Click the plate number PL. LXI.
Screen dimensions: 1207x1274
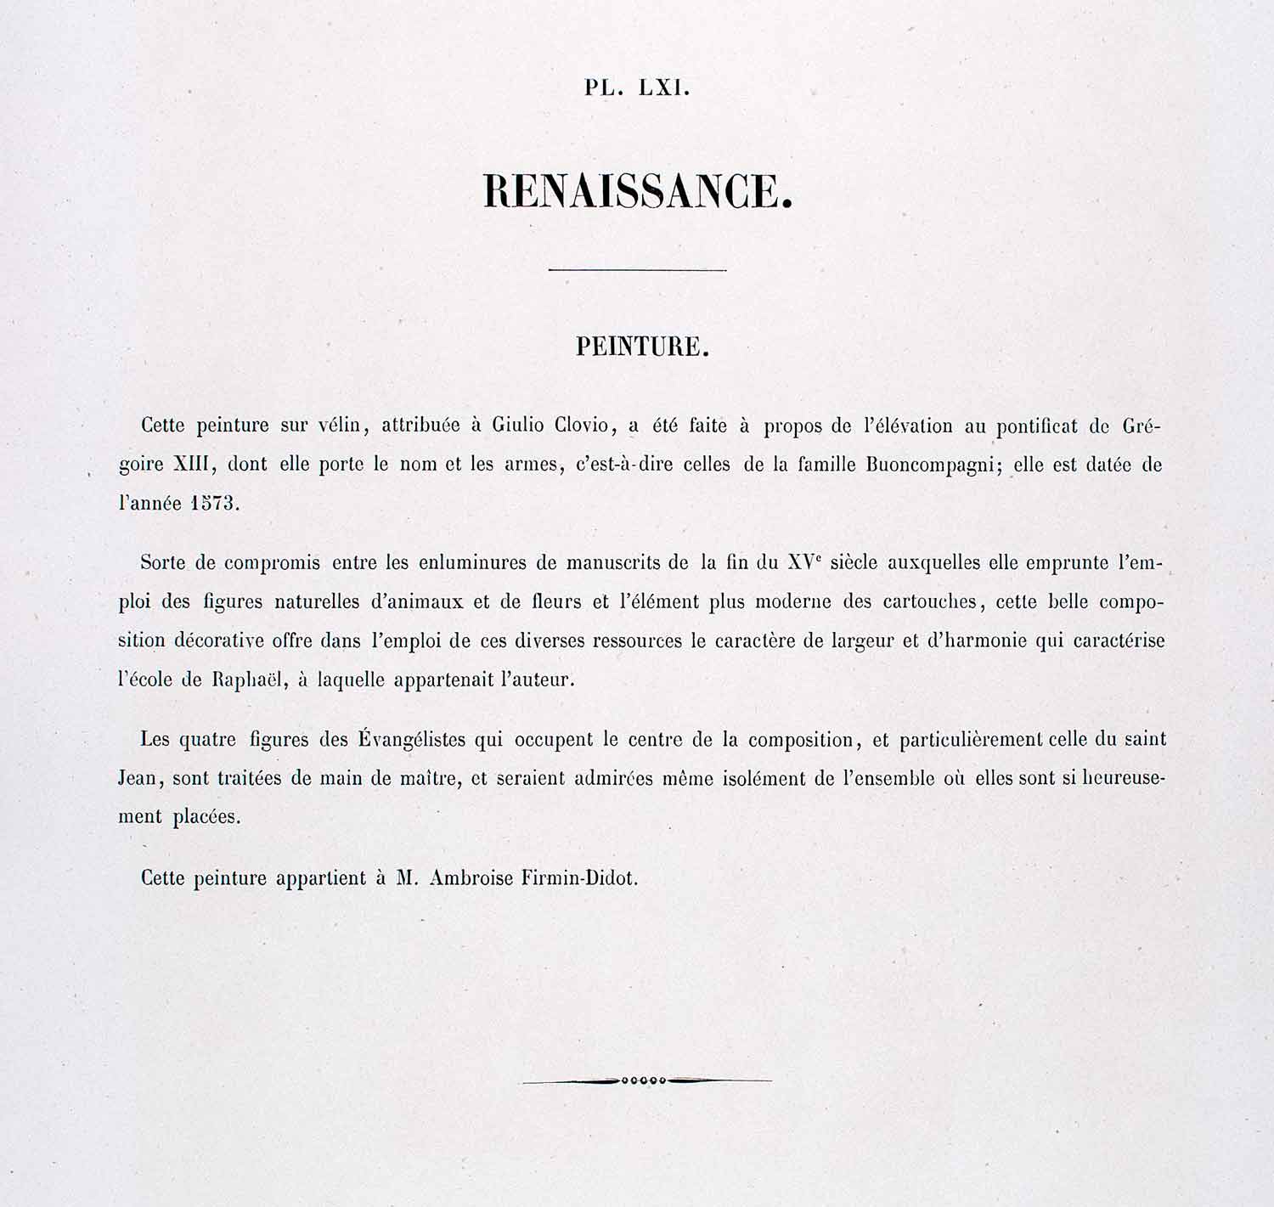point(637,87)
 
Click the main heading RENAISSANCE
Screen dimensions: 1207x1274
point(637,191)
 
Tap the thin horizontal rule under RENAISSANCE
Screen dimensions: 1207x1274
point(637,270)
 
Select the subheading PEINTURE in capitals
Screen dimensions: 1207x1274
point(641,347)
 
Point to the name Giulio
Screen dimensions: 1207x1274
point(518,425)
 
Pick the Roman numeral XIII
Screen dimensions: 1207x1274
point(191,464)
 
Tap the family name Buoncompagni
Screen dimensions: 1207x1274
point(930,465)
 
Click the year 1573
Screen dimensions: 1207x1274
point(212,503)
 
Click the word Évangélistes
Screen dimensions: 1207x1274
point(411,739)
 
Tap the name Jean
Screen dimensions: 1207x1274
point(138,778)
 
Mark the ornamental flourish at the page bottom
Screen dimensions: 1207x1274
point(646,1080)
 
